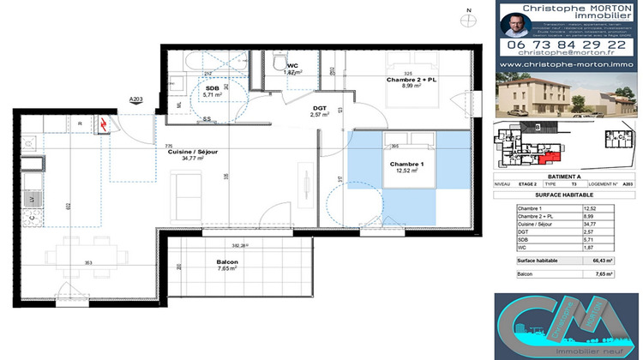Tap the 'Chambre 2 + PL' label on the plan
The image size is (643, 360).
coord(410,79)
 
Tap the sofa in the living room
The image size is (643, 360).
coord(185,189)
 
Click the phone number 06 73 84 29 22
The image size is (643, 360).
coord(568,44)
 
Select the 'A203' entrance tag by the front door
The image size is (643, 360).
coord(135,100)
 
